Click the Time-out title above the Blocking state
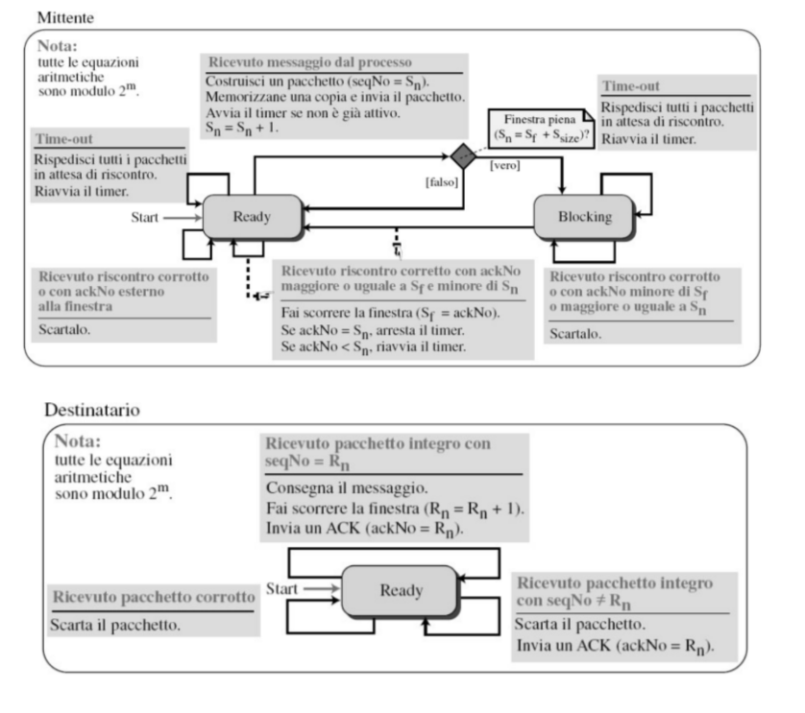[x=630, y=85]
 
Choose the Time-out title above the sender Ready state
[x=64, y=139]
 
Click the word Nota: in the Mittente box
[x=58, y=45]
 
